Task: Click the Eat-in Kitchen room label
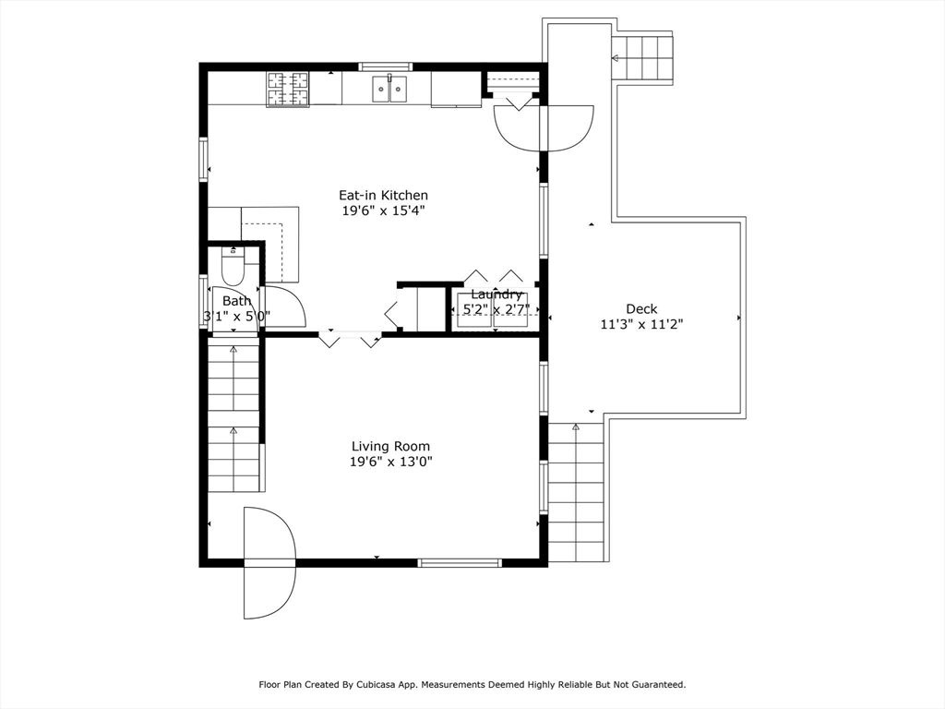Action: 383,195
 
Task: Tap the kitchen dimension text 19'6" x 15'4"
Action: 383,210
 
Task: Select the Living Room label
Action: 390,446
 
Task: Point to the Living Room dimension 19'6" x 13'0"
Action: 390,462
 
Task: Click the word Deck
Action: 641,308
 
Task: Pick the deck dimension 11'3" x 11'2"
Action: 641,324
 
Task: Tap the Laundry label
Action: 496,294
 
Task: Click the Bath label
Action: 236,301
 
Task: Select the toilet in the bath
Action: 233,267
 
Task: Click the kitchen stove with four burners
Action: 288,89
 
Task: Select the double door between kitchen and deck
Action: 545,127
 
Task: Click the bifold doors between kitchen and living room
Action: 350,338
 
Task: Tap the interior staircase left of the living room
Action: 233,415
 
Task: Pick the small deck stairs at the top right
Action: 644,58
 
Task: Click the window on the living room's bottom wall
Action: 460,561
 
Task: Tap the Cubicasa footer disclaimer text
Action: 472,685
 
